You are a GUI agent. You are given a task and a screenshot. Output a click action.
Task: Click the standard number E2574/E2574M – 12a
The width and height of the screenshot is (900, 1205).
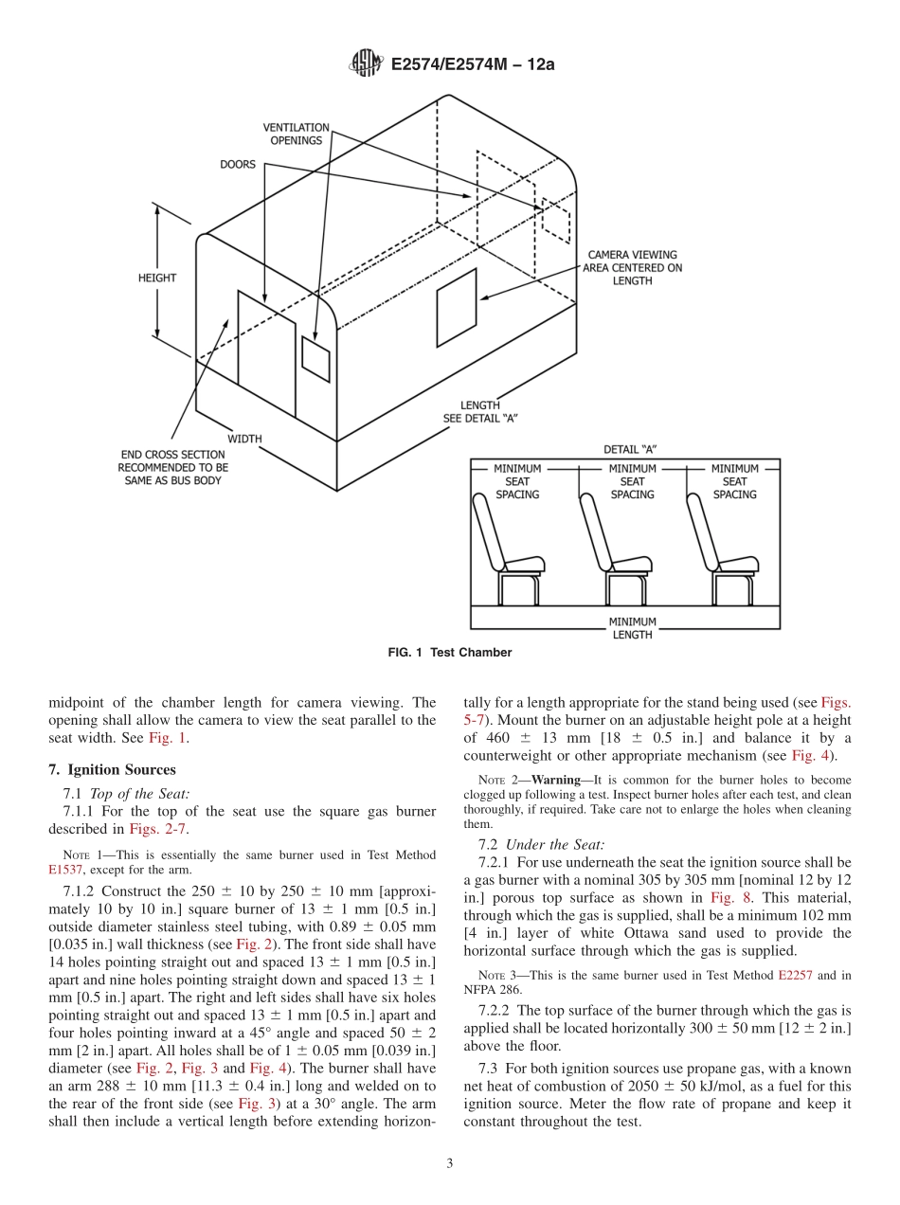[x=472, y=64]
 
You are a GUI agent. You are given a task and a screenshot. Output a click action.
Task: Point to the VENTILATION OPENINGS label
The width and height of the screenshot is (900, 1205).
[x=297, y=134]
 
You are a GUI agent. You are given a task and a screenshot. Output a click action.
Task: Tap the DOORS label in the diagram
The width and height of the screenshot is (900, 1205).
[x=238, y=164]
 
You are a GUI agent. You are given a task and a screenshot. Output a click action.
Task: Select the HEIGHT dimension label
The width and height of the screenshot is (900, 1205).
[x=157, y=278]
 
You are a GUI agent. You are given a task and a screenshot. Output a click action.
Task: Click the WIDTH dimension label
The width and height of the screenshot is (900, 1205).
[x=244, y=439]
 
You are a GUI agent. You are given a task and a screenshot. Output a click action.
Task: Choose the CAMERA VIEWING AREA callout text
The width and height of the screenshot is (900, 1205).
[x=632, y=267]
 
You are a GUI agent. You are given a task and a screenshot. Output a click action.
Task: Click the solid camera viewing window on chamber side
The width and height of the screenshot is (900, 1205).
[x=456, y=294]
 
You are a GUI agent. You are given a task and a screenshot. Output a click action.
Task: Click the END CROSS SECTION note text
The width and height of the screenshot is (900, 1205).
[x=172, y=467]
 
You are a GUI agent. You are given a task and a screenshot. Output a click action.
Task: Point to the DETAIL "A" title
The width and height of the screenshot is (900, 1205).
[x=630, y=449]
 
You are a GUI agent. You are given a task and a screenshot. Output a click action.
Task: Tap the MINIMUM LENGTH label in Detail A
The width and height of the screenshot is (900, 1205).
[x=632, y=628]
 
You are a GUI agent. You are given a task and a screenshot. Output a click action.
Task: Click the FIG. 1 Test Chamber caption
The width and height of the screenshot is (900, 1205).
[x=450, y=653]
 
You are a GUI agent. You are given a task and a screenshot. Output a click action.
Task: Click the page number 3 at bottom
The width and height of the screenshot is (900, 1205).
[x=450, y=1164]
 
